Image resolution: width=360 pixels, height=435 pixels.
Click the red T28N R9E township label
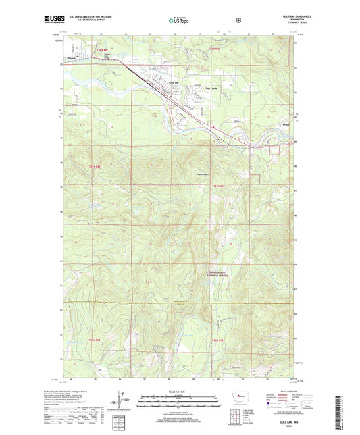215,49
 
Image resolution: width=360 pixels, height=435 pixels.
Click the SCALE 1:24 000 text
180,392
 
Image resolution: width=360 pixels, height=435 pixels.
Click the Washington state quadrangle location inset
238,397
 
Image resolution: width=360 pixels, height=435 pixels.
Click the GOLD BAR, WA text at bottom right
290,422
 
